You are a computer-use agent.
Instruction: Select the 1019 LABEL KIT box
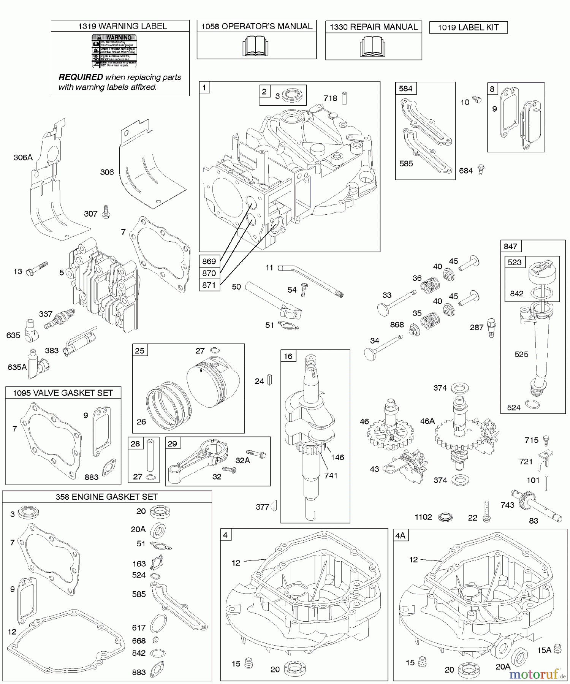[468, 27]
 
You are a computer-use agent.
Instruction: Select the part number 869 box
[209, 261]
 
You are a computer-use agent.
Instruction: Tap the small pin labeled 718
[345, 98]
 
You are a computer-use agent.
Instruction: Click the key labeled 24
[270, 380]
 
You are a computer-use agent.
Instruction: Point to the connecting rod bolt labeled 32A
[256, 453]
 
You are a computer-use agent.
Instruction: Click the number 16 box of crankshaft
[288, 356]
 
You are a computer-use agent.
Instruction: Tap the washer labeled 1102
[445, 518]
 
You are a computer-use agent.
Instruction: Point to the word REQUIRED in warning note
[81, 77]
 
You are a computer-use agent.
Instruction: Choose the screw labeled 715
[546, 440]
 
